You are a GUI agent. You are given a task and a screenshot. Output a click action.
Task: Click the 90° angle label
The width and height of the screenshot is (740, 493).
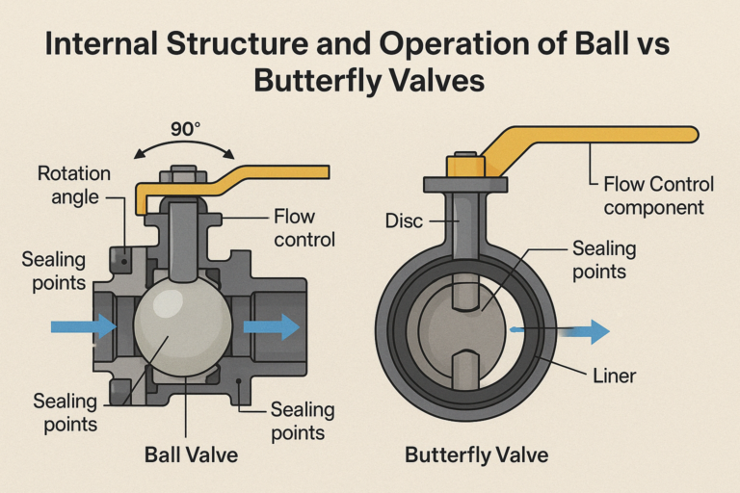(186, 128)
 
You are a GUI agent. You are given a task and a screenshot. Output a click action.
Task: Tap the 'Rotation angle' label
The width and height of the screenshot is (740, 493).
(74, 186)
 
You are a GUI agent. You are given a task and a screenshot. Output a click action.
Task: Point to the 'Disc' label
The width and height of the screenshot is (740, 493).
(403, 221)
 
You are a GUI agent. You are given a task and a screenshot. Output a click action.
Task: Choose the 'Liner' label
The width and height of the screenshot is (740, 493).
(614, 375)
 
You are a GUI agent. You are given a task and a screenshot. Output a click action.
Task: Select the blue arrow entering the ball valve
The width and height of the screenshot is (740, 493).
(83, 327)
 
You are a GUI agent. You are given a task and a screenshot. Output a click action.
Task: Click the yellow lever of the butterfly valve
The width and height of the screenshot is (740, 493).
(597, 138)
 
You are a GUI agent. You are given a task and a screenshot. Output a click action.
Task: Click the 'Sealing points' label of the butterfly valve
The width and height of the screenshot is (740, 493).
(604, 259)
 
